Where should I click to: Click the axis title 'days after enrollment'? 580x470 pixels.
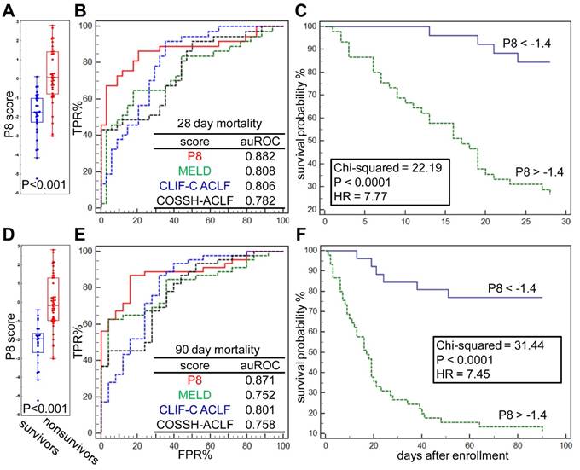pyautogui.click(x=435, y=458)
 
